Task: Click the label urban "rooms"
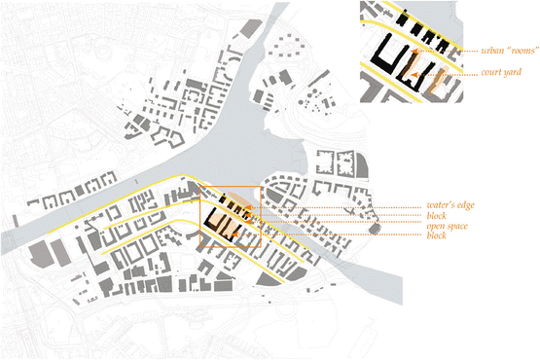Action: point(505,49)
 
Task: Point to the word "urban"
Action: point(491,49)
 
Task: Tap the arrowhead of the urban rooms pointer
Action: point(413,51)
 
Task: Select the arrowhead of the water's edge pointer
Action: point(245,207)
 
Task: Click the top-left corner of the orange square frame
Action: point(200,187)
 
